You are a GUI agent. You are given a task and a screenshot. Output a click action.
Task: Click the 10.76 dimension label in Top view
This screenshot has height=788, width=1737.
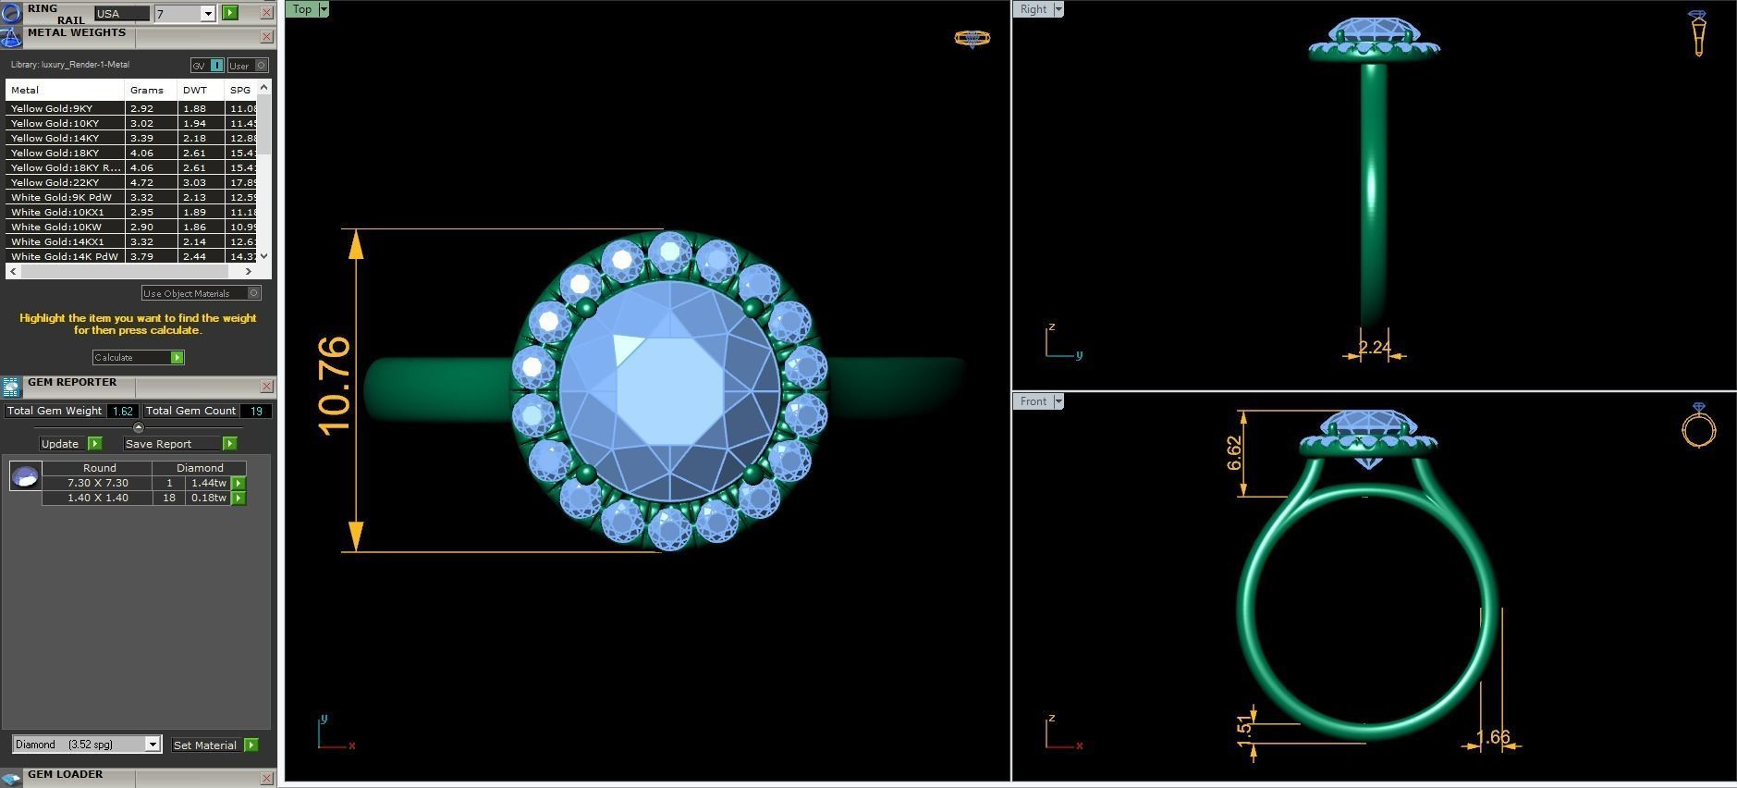(x=335, y=386)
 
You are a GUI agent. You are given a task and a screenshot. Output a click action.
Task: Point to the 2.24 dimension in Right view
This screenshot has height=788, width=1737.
(x=1375, y=348)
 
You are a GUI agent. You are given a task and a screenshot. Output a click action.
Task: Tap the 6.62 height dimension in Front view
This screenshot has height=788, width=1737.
(x=1235, y=453)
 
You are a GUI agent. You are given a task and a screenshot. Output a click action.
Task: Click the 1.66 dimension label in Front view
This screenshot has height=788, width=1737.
(x=1493, y=737)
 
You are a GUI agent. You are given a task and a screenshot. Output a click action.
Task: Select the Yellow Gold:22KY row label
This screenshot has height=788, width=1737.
(x=56, y=183)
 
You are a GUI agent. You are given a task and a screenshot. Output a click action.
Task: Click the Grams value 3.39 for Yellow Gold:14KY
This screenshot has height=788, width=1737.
(x=141, y=139)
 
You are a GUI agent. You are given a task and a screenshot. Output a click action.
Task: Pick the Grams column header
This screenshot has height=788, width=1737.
(x=147, y=91)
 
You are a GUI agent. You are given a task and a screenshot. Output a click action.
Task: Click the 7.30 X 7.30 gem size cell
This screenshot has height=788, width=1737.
(x=98, y=483)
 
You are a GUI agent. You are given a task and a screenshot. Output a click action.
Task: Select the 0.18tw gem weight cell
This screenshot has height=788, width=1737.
(x=208, y=498)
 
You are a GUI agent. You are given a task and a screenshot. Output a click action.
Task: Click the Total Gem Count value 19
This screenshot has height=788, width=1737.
(x=256, y=411)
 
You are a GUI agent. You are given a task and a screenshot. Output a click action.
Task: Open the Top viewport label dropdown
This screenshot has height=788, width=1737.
(x=323, y=9)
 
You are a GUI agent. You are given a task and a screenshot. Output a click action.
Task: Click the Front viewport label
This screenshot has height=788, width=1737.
(x=1034, y=401)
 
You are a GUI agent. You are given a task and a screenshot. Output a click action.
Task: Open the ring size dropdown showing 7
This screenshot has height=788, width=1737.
(x=208, y=14)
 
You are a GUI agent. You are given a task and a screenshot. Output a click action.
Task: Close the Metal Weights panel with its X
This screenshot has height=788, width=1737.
(x=267, y=37)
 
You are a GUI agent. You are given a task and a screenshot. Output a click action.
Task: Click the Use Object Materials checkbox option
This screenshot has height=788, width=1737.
(x=254, y=293)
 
